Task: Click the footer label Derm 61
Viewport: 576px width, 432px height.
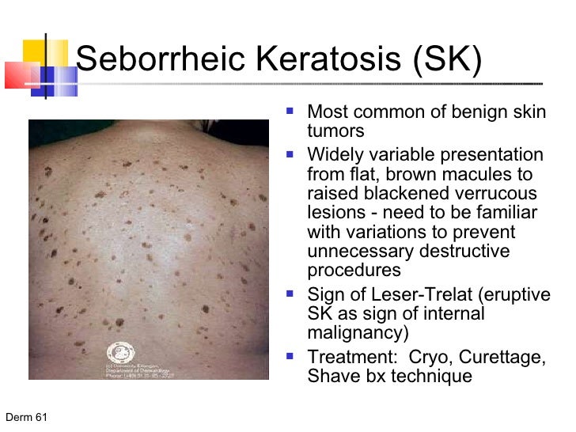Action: click(25, 417)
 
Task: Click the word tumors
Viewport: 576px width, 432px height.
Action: click(335, 131)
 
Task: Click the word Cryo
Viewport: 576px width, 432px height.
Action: click(430, 357)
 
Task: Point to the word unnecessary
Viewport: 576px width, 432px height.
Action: click(360, 252)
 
